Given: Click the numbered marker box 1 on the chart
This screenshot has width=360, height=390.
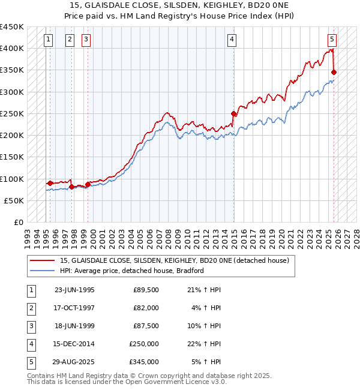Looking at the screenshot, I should [x=49, y=40].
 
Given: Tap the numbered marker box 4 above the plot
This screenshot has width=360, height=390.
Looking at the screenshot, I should [x=232, y=40].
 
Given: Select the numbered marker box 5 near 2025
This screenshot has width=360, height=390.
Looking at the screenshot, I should [x=332, y=40].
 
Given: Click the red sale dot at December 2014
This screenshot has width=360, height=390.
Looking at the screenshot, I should [x=234, y=113].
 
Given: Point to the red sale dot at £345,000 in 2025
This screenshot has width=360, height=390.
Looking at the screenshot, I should [x=334, y=72].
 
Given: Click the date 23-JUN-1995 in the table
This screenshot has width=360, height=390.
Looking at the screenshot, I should [x=74, y=290].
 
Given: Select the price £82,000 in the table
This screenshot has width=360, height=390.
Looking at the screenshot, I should [x=146, y=308].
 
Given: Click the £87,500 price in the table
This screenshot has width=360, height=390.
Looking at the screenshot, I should [x=146, y=326].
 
